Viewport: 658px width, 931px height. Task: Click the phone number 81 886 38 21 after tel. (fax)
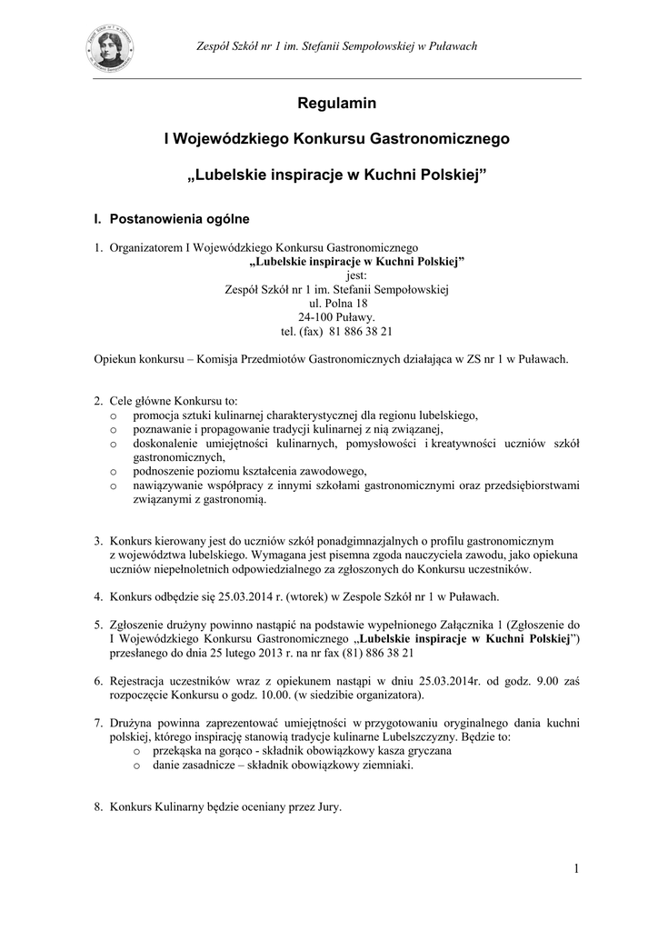(359, 332)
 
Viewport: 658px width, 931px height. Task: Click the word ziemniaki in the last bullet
(385, 766)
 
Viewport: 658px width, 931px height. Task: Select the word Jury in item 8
(325, 806)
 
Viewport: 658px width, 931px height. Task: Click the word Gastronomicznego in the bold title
(441, 140)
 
